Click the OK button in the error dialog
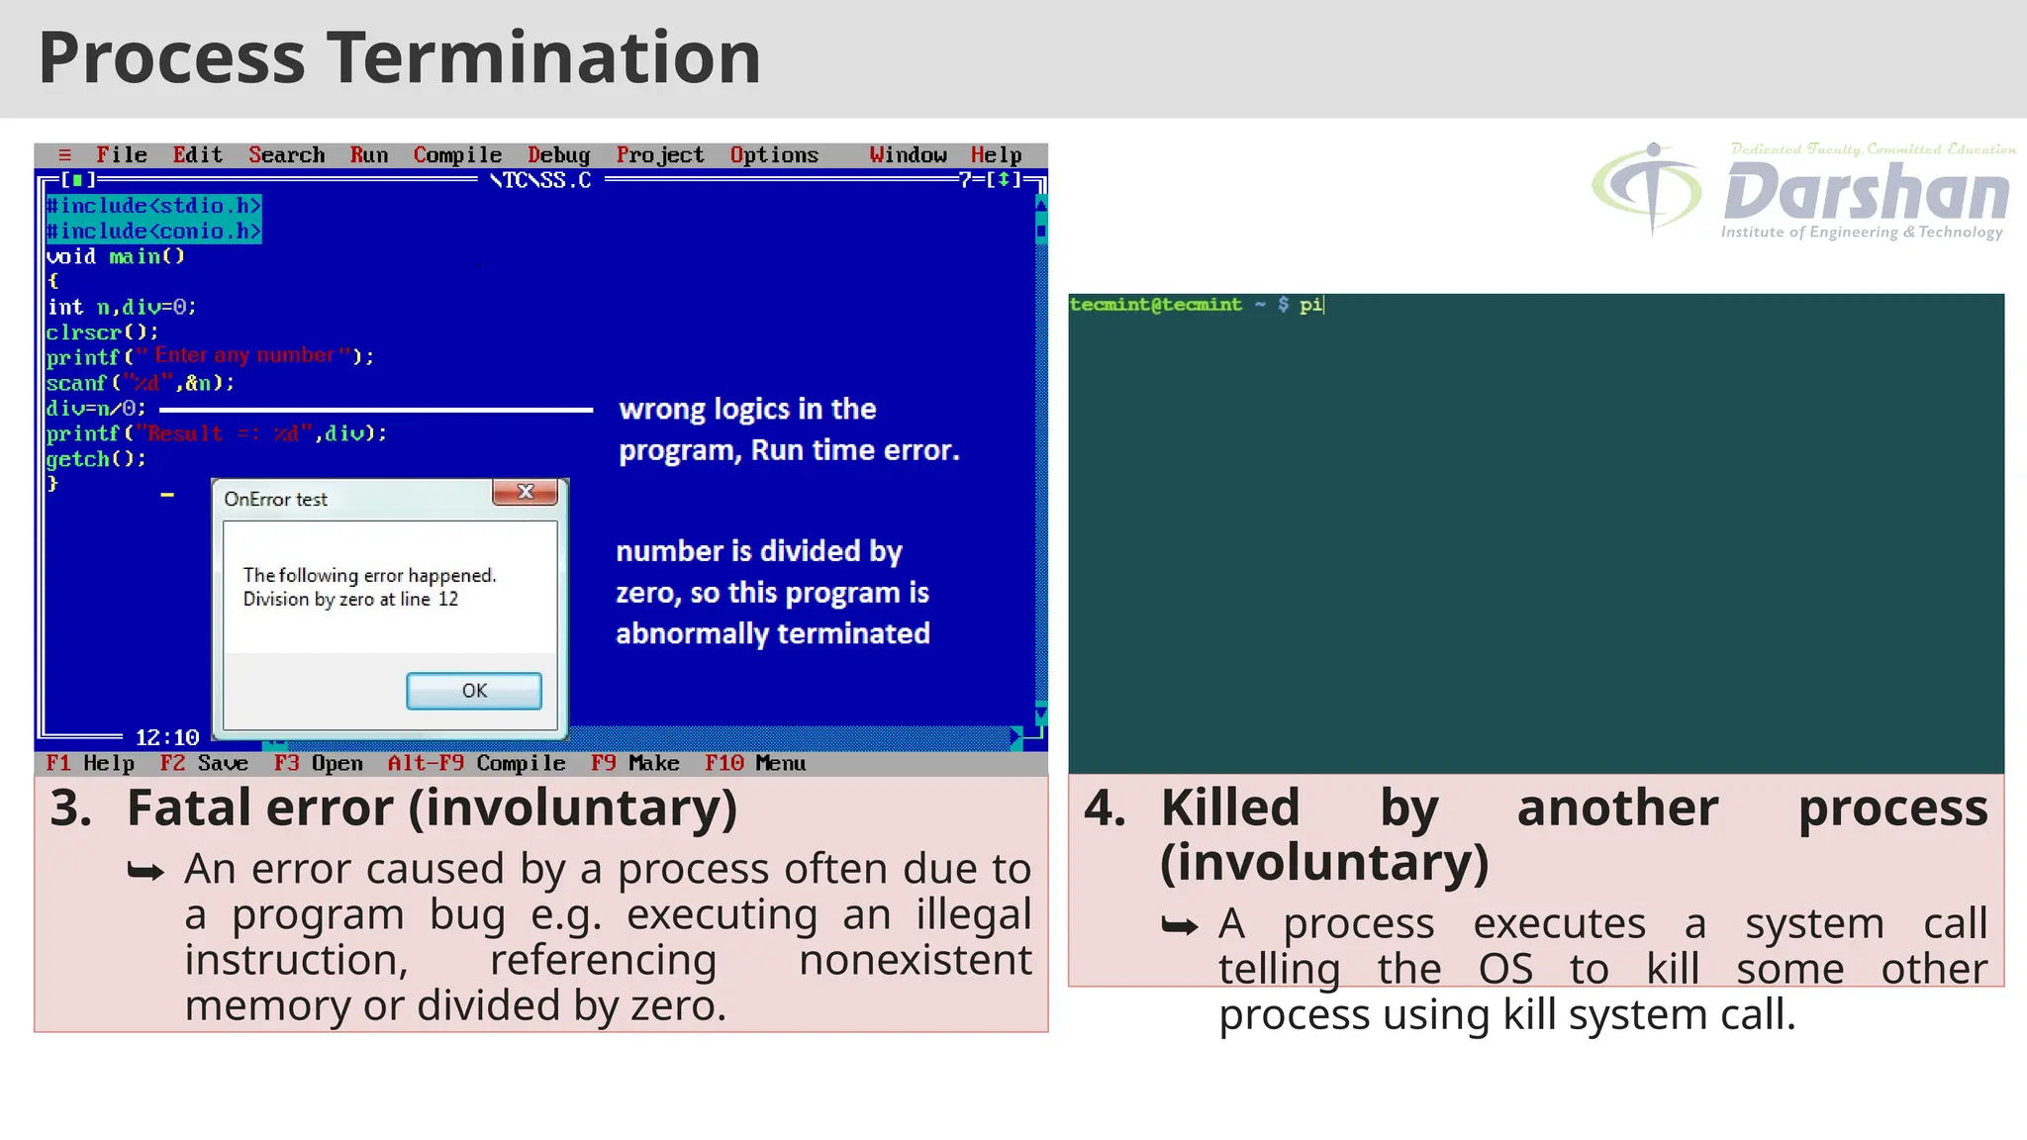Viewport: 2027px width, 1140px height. tap(473, 691)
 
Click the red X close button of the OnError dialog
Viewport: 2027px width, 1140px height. tap(526, 492)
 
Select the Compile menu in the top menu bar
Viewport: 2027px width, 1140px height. tap(457, 155)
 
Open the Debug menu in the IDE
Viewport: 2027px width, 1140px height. tap(558, 155)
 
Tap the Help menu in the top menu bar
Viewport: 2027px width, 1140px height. tap(996, 155)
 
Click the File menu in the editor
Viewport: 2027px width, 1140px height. tap(121, 155)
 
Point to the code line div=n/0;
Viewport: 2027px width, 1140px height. tap(96, 408)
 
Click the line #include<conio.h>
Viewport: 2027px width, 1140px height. tap(153, 231)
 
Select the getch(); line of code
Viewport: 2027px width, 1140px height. tap(96, 459)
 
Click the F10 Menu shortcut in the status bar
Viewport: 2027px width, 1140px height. tap(755, 763)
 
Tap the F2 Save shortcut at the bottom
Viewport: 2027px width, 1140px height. tap(204, 763)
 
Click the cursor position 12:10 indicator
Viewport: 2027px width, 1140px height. tap(167, 737)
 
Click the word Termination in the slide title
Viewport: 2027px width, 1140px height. tap(543, 57)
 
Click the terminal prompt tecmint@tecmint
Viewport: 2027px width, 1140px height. tap(1155, 305)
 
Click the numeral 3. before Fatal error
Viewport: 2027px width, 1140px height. tap(70, 807)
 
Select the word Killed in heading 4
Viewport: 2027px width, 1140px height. tap(1229, 807)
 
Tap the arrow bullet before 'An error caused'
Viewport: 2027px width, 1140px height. tap(145, 871)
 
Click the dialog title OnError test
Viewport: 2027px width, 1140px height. tap(275, 500)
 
